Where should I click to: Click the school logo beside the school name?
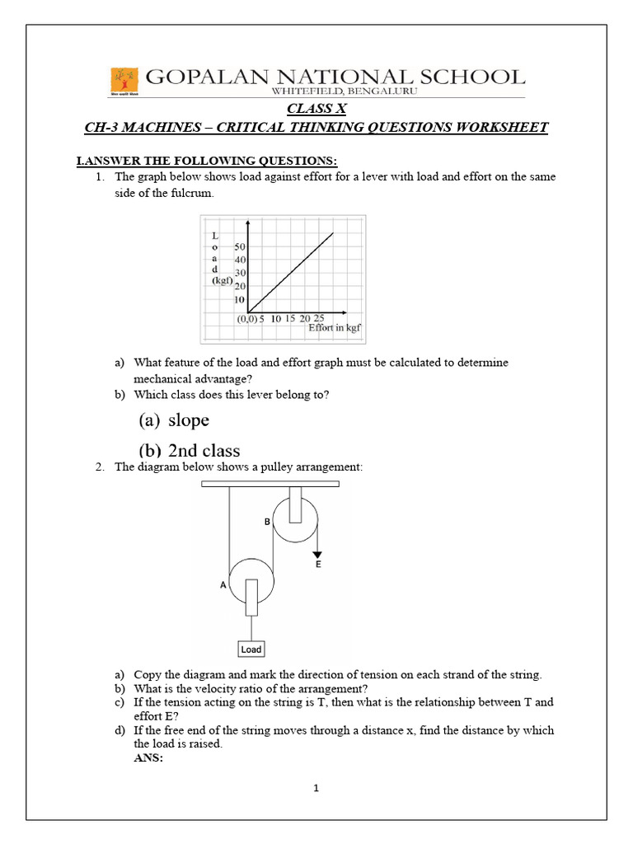pyautogui.click(x=124, y=81)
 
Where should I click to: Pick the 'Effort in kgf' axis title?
pyautogui.click(x=335, y=327)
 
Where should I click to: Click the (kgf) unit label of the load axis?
pyautogui.click(x=221, y=279)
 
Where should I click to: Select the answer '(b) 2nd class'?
pyautogui.click(x=189, y=450)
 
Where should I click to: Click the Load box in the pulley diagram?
pyautogui.click(x=251, y=649)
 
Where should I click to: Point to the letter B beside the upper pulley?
pyautogui.click(x=267, y=522)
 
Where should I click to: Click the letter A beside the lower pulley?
pyautogui.click(x=222, y=584)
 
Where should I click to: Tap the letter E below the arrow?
pyautogui.click(x=318, y=566)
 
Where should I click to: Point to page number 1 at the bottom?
pyautogui.click(x=316, y=789)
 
